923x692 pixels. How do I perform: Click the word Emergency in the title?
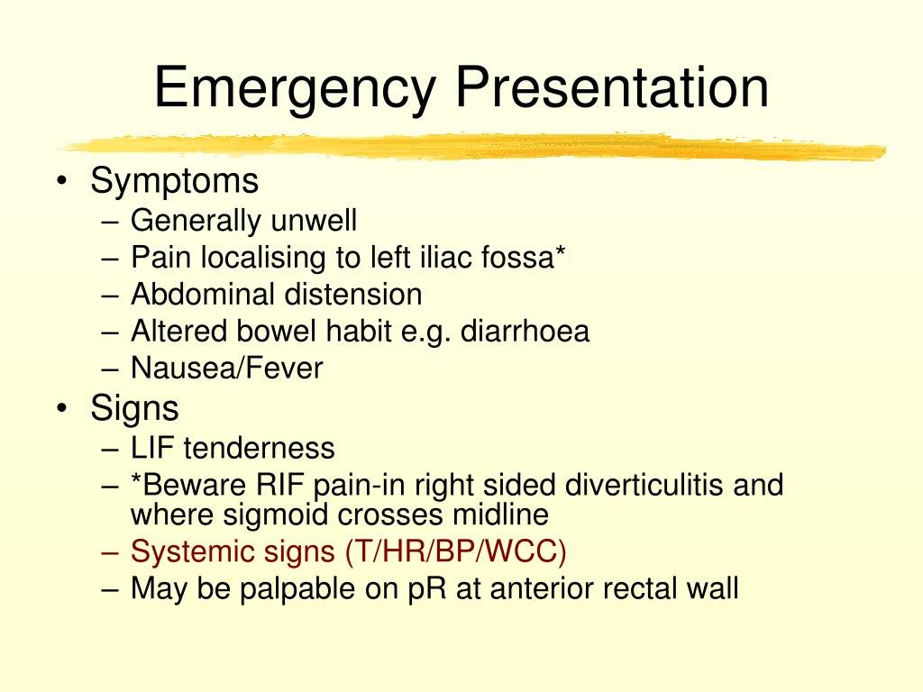295,89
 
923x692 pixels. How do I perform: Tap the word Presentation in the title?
612,87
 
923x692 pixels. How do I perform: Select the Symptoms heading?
174,180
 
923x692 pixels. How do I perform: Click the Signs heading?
134,408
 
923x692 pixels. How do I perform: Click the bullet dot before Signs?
62,407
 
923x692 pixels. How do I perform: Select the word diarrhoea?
525,331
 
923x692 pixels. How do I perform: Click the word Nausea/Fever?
226,368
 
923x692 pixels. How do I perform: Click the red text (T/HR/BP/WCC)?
456,552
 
